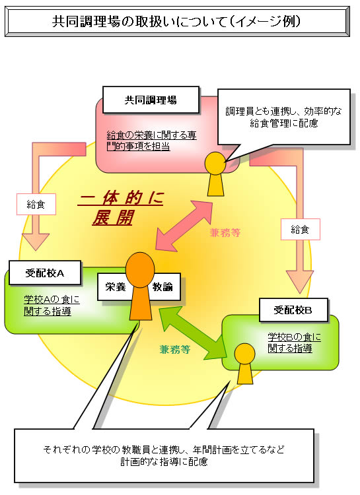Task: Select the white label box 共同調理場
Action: (151, 100)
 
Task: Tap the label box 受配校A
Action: (45, 273)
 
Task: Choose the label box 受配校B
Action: (293, 310)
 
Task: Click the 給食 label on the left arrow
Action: (36, 204)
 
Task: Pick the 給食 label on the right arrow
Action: (300, 230)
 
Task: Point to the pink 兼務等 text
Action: (225, 233)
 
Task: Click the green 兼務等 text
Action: (175, 349)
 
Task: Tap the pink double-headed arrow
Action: (184, 226)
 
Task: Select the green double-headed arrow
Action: (193, 333)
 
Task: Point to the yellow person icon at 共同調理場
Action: (215, 174)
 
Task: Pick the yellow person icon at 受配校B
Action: (245, 364)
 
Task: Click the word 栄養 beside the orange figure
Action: (116, 287)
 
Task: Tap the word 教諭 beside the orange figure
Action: (162, 287)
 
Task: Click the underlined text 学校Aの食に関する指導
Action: (52, 306)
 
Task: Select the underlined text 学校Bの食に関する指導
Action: (294, 343)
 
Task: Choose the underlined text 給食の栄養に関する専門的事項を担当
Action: (151, 141)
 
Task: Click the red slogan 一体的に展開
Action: (121, 208)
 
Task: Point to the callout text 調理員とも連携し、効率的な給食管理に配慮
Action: (283, 117)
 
